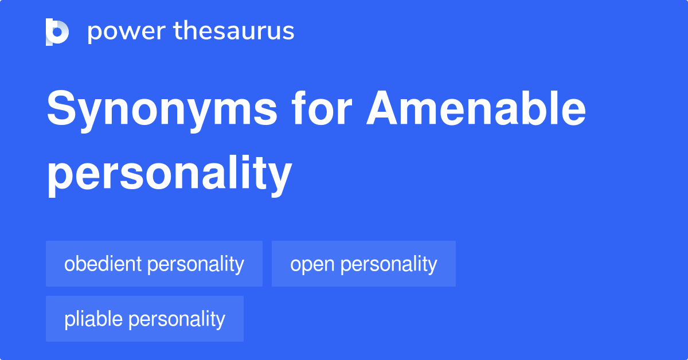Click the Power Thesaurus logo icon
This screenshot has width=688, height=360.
[57, 32]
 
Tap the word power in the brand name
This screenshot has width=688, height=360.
[124, 32]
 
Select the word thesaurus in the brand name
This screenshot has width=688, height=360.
[234, 32]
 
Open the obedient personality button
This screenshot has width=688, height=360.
[154, 264]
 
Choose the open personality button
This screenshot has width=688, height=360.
[363, 264]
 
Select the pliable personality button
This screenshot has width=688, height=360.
[144, 319]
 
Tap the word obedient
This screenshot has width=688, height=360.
[103, 264]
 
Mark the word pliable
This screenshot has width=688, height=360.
[93, 319]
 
